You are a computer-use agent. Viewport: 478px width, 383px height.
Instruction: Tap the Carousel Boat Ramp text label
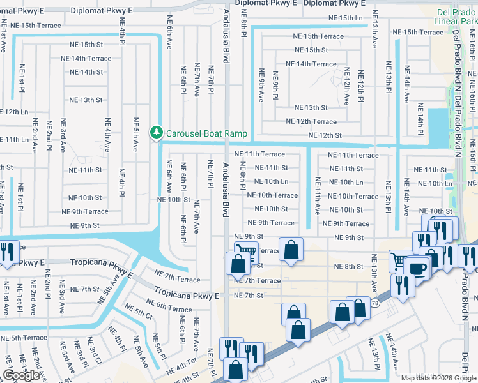click(206, 133)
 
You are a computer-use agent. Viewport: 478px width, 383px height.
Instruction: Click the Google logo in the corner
click(21, 375)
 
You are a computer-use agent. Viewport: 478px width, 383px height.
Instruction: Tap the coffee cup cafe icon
click(418, 268)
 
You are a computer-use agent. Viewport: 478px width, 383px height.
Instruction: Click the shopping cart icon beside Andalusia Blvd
click(245, 252)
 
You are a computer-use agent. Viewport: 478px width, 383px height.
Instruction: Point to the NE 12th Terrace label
click(311, 121)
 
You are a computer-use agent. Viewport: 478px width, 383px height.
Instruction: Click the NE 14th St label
click(86, 72)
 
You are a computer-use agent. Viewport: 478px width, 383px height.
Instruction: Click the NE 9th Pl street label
click(275, 86)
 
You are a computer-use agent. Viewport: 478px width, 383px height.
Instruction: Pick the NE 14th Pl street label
click(420, 115)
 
